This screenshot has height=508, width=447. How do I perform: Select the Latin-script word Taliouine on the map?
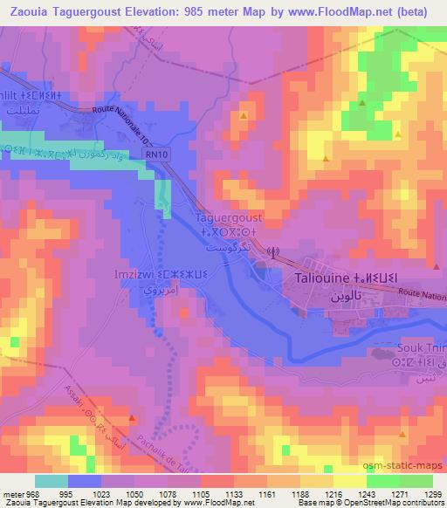click(320, 279)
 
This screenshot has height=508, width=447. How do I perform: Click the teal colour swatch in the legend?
click(52, 481)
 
